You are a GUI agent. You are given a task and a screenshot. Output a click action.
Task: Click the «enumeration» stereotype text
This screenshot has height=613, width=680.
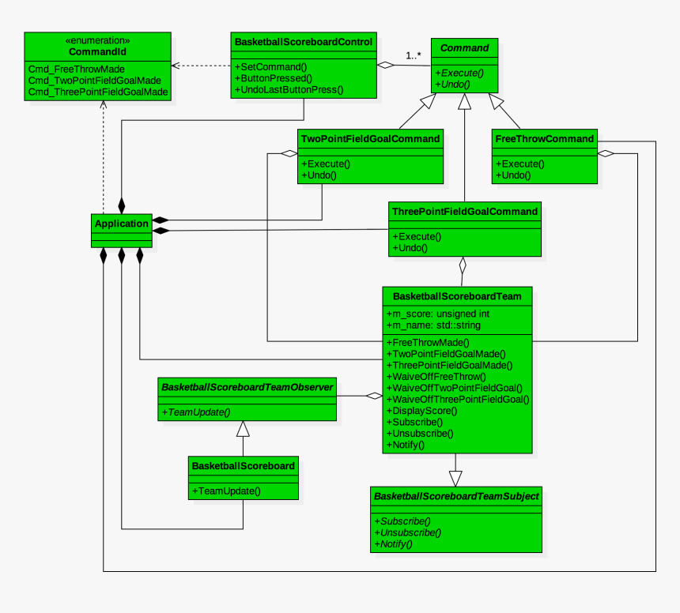point(98,39)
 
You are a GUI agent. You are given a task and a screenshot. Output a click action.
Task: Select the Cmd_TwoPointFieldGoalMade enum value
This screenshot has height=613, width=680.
point(94,81)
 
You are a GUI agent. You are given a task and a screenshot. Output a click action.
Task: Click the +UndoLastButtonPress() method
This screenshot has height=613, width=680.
point(289,89)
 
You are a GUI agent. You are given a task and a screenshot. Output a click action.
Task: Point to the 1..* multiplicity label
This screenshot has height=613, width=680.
point(414,55)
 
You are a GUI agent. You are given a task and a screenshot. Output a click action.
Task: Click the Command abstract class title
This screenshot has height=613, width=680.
point(464,48)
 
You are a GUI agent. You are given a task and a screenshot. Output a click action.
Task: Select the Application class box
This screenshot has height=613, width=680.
point(122,229)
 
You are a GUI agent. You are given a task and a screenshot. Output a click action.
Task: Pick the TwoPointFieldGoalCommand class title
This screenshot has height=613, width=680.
point(370,139)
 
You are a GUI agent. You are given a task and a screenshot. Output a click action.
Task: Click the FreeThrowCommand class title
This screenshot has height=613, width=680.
point(544,139)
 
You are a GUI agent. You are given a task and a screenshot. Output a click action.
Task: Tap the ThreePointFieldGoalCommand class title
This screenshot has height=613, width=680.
point(465,212)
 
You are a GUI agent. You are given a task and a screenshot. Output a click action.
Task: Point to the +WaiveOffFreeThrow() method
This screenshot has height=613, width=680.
point(440,377)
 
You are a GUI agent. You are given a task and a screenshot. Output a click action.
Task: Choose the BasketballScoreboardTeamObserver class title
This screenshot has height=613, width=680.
point(247,387)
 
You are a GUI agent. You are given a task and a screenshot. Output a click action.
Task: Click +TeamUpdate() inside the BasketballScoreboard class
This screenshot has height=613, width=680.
point(226,491)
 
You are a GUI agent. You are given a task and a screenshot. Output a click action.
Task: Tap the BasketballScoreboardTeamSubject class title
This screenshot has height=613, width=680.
point(456,497)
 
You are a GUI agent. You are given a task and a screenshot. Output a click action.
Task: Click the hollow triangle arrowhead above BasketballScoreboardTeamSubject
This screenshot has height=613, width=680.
point(455,478)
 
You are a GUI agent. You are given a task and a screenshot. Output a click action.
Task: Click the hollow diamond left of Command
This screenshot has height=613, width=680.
point(386,65)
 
